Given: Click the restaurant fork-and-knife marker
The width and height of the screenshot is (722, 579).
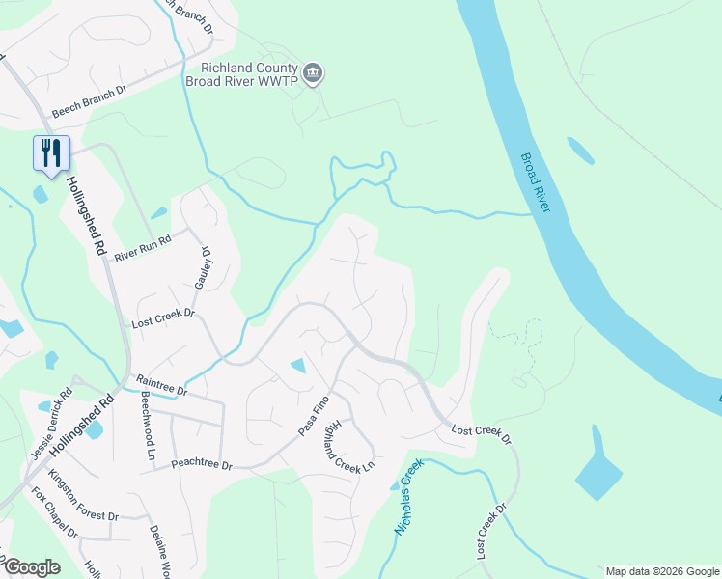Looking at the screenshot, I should [x=51, y=153].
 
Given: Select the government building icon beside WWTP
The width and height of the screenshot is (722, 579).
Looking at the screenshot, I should [x=313, y=73].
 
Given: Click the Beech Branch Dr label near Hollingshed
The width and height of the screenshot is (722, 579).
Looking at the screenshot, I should [x=90, y=101].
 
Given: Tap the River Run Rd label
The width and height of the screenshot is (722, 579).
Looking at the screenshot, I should [x=142, y=249].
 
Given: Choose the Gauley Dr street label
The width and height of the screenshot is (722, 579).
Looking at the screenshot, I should [x=206, y=265].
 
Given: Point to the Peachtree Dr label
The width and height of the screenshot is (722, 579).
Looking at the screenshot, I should [x=203, y=465].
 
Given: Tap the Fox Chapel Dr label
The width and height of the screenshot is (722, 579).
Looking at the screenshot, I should [x=54, y=514].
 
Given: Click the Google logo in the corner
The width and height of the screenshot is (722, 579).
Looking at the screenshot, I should [x=32, y=566].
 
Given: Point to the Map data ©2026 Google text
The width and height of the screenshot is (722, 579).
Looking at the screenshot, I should [x=661, y=571].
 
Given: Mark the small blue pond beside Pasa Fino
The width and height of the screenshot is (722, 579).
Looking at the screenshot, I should [x=298, y=366].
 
